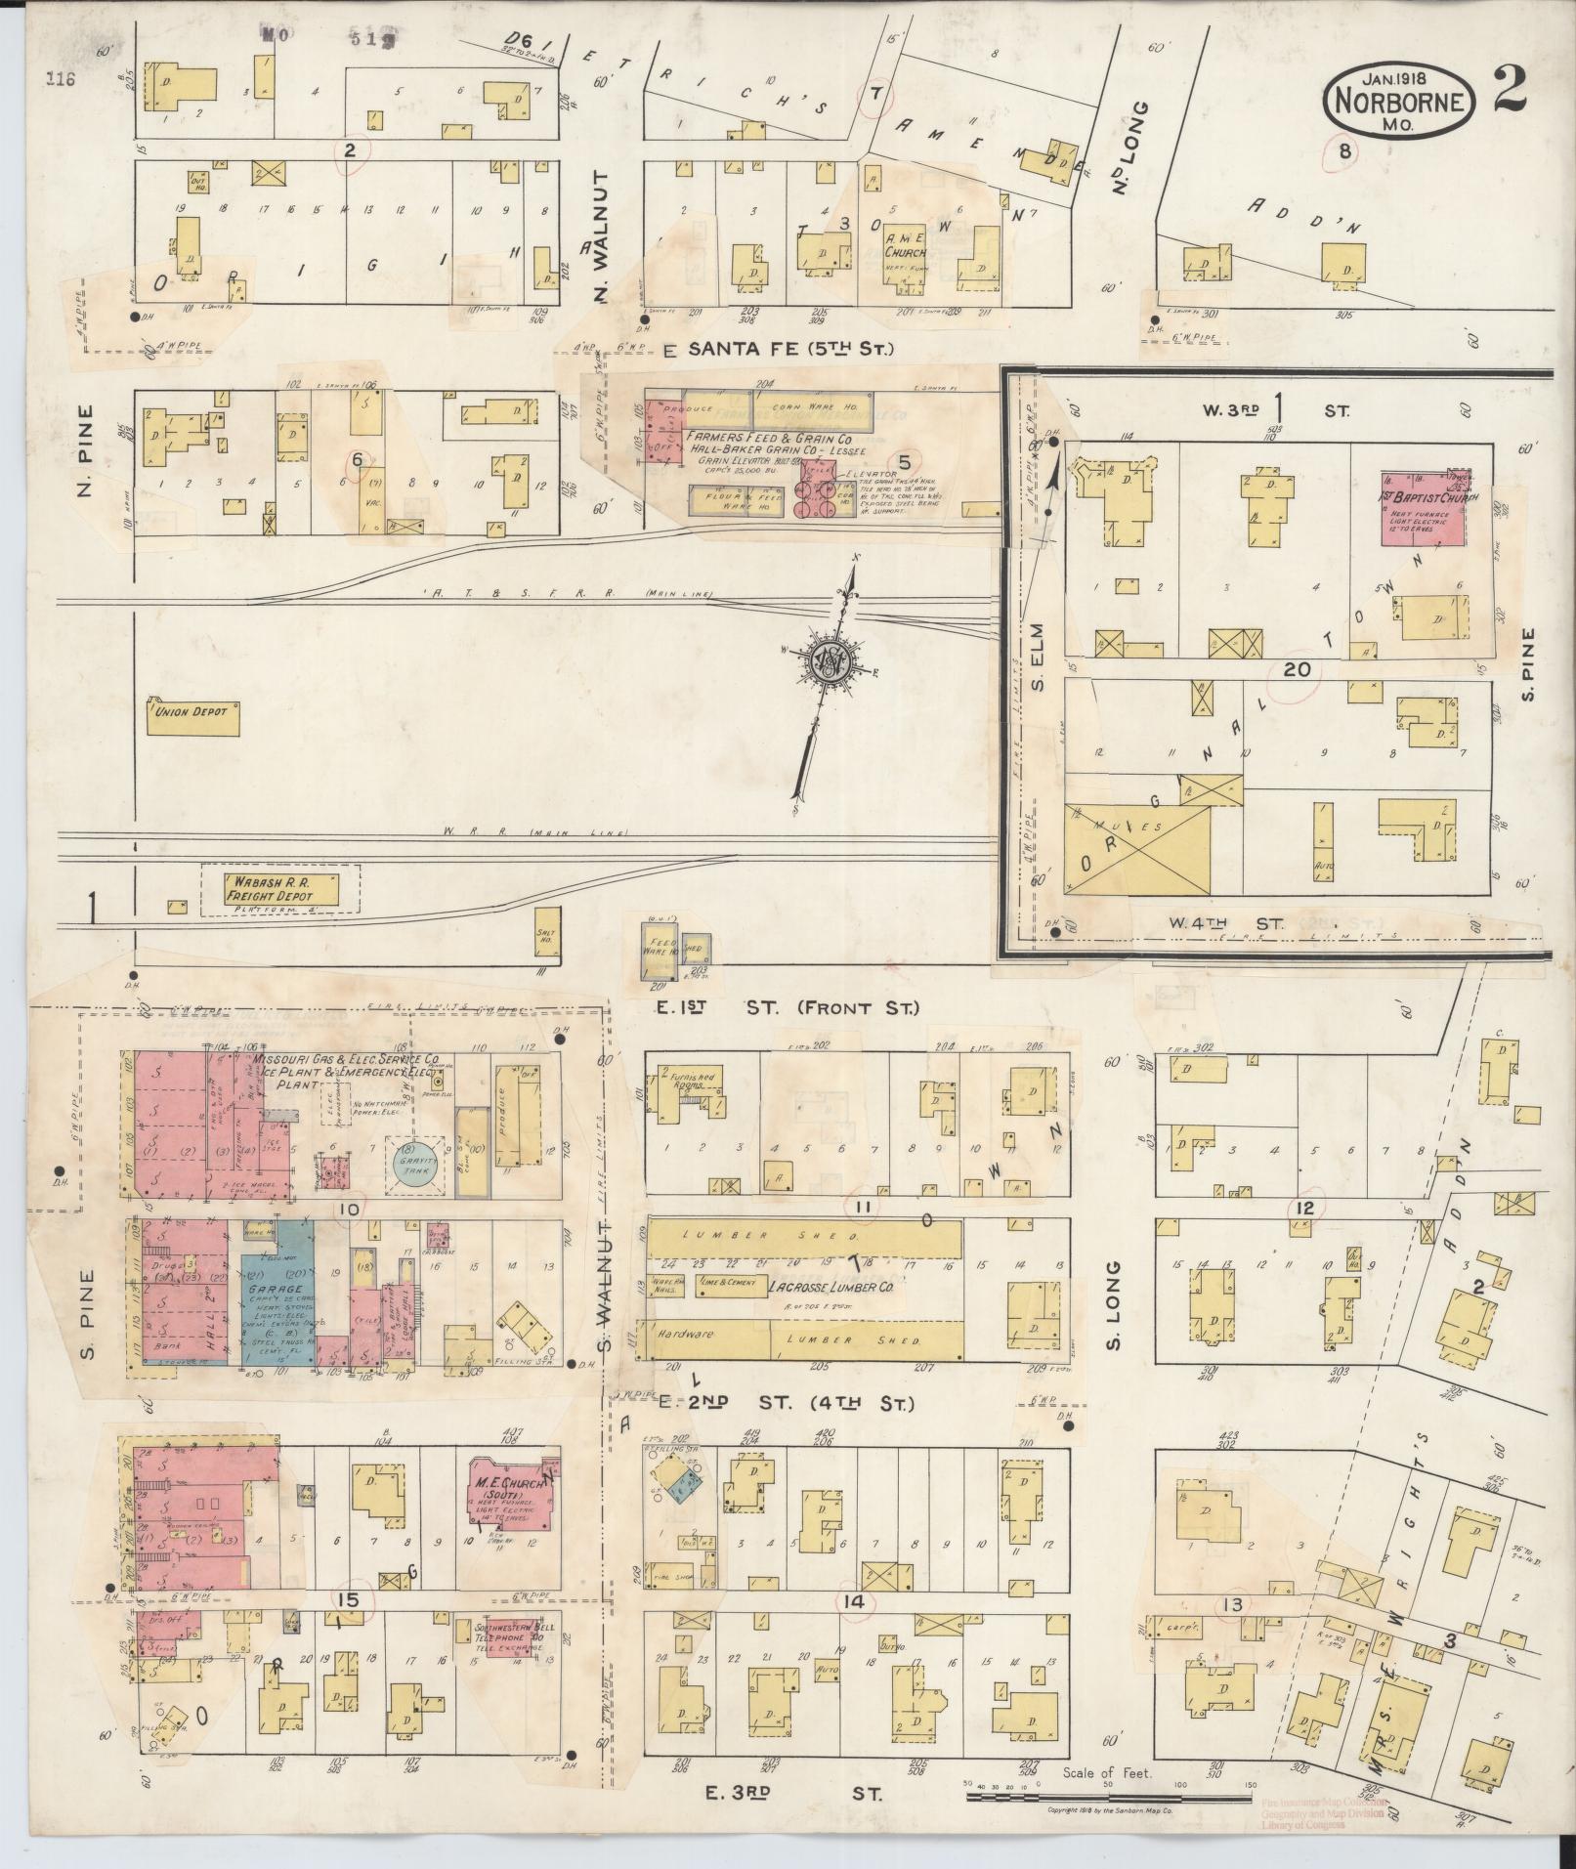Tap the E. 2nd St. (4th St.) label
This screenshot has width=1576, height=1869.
(x=787, y=1404)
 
